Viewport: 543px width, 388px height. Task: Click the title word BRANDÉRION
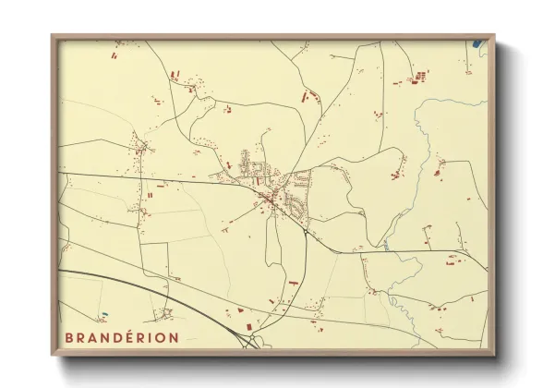coord(121,337)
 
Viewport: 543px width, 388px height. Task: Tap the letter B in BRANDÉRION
coord(68,337)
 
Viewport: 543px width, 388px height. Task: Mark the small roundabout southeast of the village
coord(304,232)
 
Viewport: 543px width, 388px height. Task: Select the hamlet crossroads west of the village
coord(141,148)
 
